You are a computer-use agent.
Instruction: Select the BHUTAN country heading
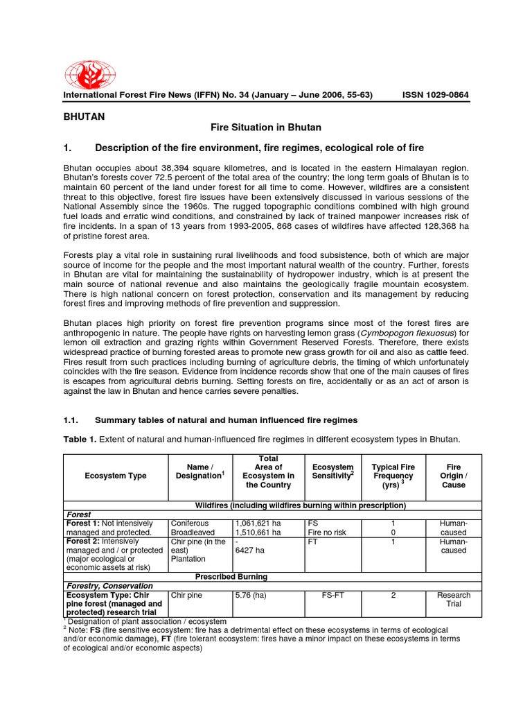(84, 116)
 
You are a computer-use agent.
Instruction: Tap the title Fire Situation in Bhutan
(265, 128)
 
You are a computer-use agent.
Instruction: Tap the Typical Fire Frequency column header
(393, 476)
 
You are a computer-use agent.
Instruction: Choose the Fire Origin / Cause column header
(453, 476)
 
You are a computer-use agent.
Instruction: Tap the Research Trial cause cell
(453, 600)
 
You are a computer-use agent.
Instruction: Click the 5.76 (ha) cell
(247, 595)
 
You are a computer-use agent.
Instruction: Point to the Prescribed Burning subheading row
(231, 577)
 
